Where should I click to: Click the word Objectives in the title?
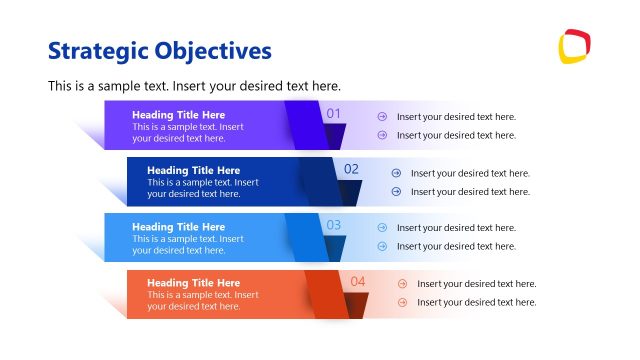(x=213, y=50)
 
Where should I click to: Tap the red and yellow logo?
(x=574, y=46)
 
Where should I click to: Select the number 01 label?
(x=334, y=114)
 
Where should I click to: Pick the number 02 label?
(x=351, y=169)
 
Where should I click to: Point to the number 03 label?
(x=334, y=225)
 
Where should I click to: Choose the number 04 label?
(x=358, y=281)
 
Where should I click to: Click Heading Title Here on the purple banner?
(x=178, y=115)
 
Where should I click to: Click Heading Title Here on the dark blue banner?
(x=193, y=170)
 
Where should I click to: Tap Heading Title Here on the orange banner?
(x=193, y=283)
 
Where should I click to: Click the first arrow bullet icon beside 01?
(x=382, y=117)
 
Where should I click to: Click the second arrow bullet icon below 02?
(x=396, y=191)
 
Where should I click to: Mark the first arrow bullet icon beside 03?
(x=382, y=228)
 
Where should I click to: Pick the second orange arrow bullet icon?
(x=402, y=302)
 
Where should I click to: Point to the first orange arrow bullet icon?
(x=402, y=284)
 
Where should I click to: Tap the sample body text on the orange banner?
(x=202, y=301)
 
